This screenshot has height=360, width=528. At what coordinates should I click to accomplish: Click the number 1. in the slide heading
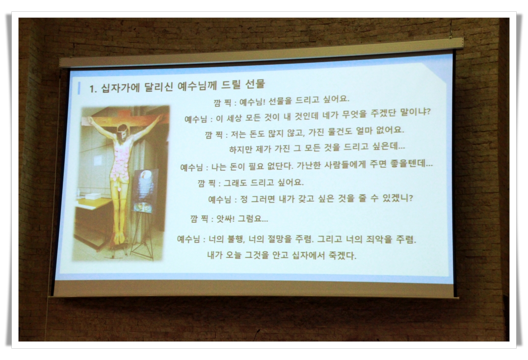pyautogui.click(x=93, y=88)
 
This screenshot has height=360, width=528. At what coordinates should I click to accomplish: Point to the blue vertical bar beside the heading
pyautogui.click(x=79, y=88)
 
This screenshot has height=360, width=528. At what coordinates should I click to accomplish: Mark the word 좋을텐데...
pyautogui.click(x=411, y=163)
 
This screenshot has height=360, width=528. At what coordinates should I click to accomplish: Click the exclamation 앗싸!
pyautogui.click(x=225, y=219)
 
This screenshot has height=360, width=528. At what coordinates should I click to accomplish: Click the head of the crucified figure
pyautogui.click(x=122, y=131)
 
